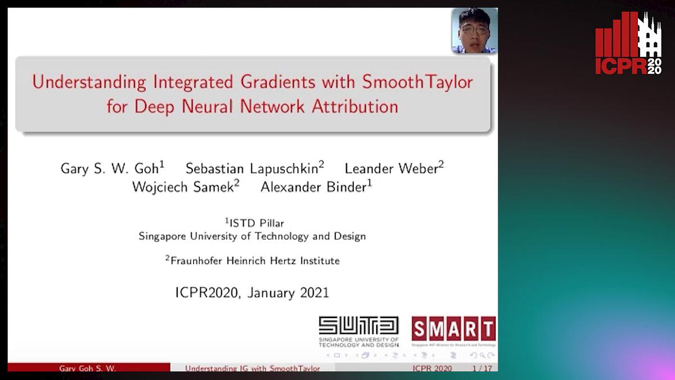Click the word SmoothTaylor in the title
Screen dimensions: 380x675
(417, 82)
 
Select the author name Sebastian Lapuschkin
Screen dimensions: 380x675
(254, 168)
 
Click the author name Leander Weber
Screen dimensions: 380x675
(394, 168)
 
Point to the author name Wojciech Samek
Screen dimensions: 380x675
(185, 187)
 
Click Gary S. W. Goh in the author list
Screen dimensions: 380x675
(112, 168)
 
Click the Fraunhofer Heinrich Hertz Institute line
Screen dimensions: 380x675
(252, 261)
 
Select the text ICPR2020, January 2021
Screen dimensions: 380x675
(252, 293)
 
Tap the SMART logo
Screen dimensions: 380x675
(453, 330)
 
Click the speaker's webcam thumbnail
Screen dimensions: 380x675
(474, 32)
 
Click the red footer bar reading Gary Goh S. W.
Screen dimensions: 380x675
(88, 369)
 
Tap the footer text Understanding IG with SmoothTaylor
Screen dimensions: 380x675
(253, 369)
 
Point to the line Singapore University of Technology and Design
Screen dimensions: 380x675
(252, 236)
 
